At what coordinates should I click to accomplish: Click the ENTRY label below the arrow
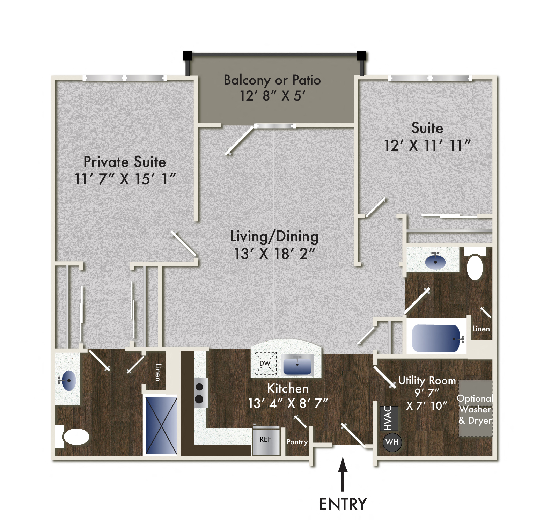pyautogui.click(x=343, y=504)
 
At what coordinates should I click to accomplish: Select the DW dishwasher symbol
pyautogui.click(x=265, y=363)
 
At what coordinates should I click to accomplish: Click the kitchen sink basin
pyautogui.click(x=297, y=364)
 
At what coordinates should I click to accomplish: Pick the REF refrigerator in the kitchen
pyautogui.click(x=266, y=440)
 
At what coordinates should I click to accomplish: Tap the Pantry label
pyautogui.click(x=297, y=442)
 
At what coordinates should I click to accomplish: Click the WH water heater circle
pyautogui.click(x=392, y=442)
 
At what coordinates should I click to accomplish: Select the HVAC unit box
pyautogui.click(x=389, y=418)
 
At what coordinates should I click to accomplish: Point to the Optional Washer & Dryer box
pyautogui.click(x=475, y=409)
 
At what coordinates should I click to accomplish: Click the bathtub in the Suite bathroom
pyautogui.click(x=436, y=338)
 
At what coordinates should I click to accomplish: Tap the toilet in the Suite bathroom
pyautogui.click(x=475, y=267)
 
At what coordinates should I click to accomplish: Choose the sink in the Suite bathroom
pyautogui.click(x=435, y=261)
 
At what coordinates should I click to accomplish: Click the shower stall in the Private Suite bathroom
pyautogui.click(x=161, y=425)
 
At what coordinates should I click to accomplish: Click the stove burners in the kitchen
pyautogui.click(x=199, y=393)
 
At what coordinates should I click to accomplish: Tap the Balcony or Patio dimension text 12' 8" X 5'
pyautogui.click(x=272, y=96)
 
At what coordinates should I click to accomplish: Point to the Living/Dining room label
pyautogui.click(x=274, y=237)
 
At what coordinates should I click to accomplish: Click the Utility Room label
pyautogui.click(x=427, y=380)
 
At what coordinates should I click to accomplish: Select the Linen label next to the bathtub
pyautogui.click(x=481, y=329)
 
